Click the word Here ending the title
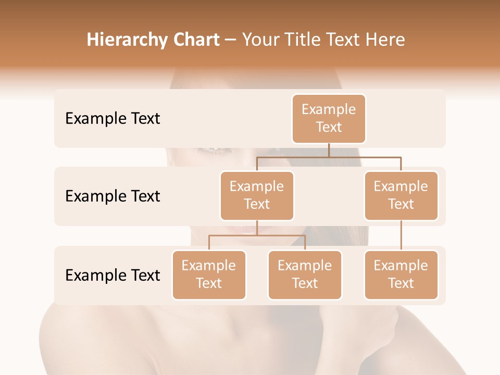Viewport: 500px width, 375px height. tap(385, 40)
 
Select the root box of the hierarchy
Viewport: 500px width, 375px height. tap(329, 119)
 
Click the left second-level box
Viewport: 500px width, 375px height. tap(257, 196)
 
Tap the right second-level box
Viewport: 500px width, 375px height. tap(401, 196)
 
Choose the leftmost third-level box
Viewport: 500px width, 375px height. tap(209, 275)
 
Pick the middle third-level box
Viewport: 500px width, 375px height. tap(305, 275)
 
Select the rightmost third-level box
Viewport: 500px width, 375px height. tap(401, 275)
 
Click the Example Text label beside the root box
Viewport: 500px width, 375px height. tap(113, 119)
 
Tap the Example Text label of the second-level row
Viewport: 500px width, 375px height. tap(113, 196)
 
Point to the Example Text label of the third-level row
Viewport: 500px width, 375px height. tap(113, 276)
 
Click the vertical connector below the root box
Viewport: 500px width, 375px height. tap(329, 150)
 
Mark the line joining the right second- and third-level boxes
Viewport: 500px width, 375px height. tap(401, 235)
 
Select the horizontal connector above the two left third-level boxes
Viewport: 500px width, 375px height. tap(257, 235)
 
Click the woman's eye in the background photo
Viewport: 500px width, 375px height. tap(214, 150)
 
